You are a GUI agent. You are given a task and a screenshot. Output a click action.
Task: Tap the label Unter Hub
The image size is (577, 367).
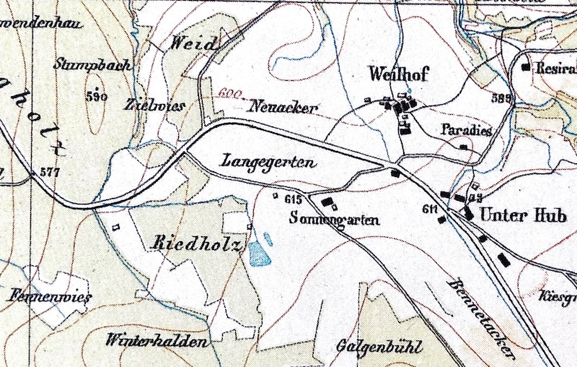(517, 215)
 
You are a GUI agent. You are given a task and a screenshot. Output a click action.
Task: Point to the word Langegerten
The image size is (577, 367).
(269, 163)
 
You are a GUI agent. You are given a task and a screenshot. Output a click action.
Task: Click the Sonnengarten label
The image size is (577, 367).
(334, 219)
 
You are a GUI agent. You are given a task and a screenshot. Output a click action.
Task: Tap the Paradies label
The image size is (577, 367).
(465, 131)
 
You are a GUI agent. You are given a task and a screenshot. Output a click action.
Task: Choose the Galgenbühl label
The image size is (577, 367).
(378, 346)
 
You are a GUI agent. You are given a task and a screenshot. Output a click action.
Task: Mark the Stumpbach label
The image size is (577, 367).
(92, 65)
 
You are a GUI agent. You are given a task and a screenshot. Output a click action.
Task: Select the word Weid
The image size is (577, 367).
(193, 44)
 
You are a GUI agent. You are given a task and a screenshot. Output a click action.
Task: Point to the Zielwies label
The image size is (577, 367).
(154, 105)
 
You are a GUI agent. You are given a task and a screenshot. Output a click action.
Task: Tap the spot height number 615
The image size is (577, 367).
(292, 198)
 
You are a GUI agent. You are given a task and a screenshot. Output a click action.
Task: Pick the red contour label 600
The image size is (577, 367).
(228, 94)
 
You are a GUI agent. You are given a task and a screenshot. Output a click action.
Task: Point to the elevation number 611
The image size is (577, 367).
(431, 210)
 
